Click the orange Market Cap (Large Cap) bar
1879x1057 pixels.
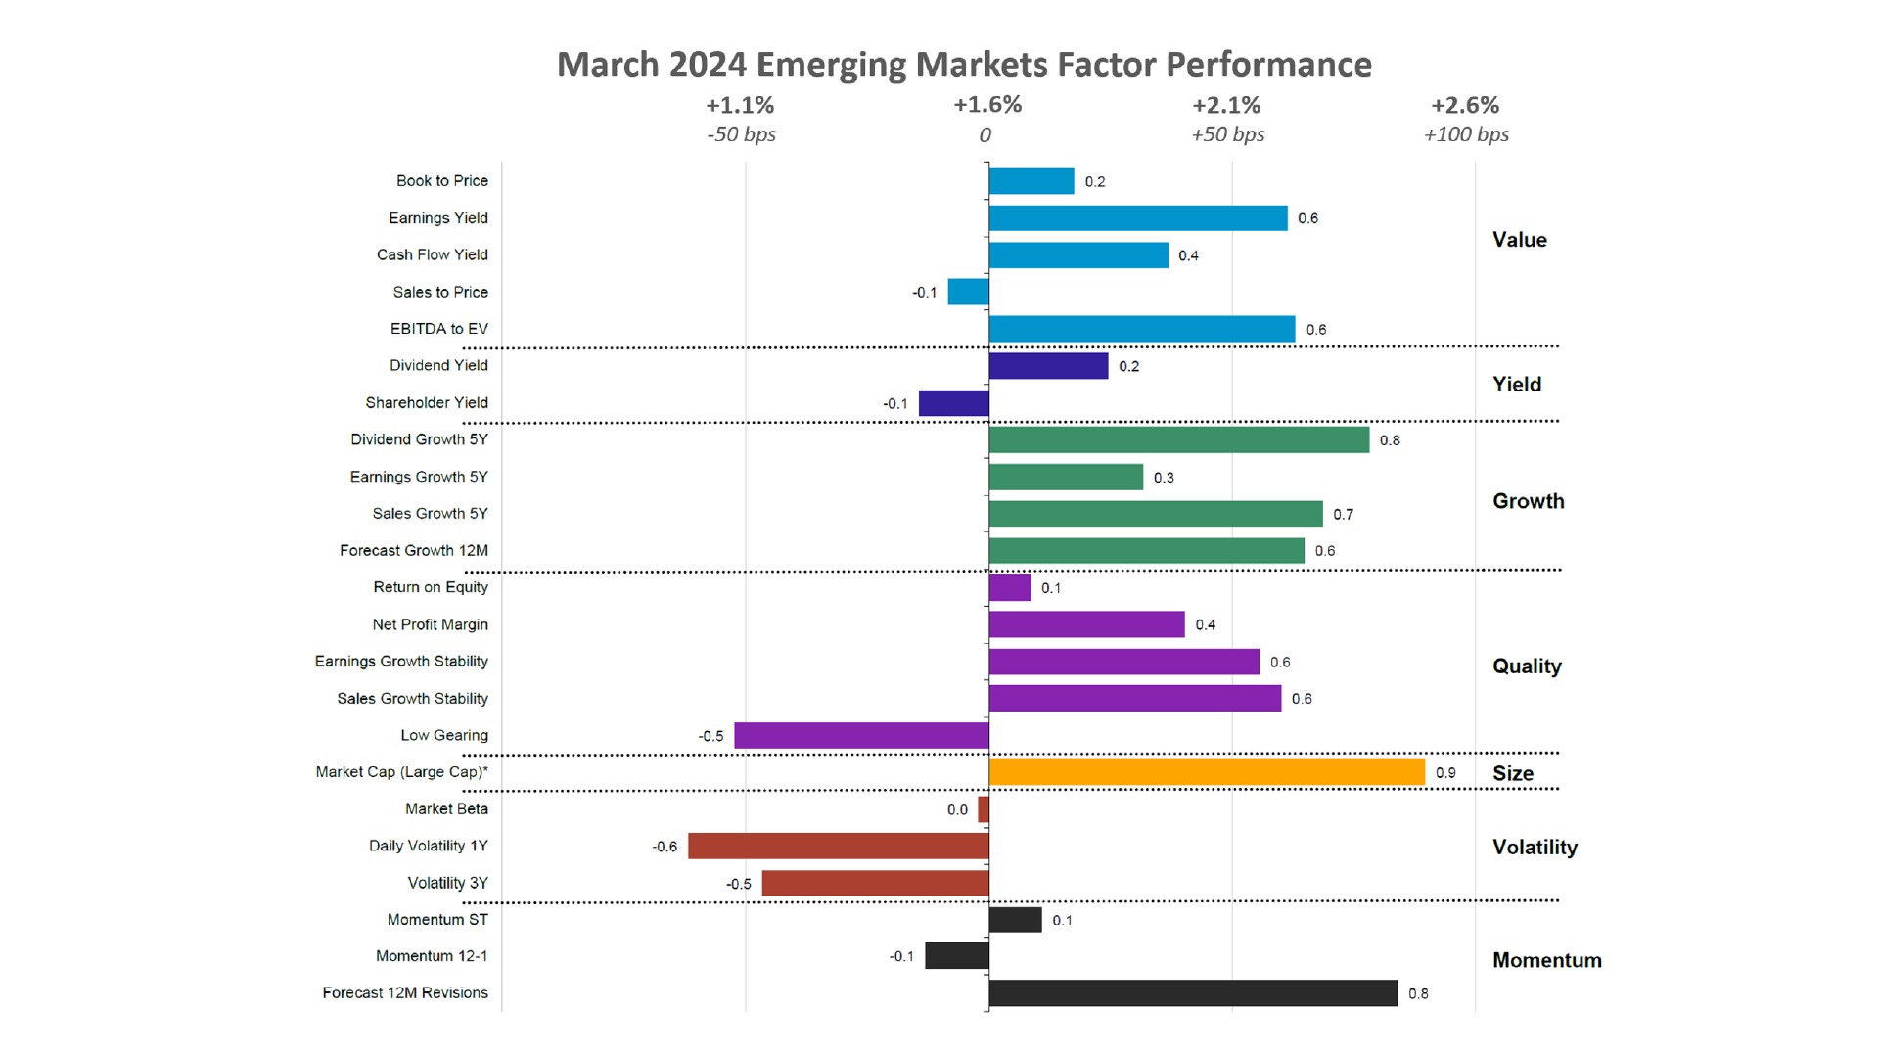[x=1206, y=772]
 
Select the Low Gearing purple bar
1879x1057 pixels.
[x=861, y=735]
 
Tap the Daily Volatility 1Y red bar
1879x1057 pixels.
[x=838, y=846]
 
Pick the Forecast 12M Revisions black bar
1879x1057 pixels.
[x=1192, y=992]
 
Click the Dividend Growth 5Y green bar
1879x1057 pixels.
[x=1178, y=439]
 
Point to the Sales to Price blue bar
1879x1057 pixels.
[x=968, y=292]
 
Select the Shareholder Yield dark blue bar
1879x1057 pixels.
[x=953, y=402]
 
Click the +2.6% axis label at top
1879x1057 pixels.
[x=1465, y=105]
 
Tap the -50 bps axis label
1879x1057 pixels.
[x=741, y=135]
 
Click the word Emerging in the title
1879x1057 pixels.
[x=831, y=65]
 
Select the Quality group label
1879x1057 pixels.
[x=1526, y=666]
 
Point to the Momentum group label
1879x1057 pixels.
[x=1546, y=960]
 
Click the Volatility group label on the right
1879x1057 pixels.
[x=1534, y=847]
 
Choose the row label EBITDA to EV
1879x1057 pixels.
[x=438, y=329]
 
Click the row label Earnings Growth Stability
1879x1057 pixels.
[x=401, y=662]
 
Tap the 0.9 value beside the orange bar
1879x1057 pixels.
[x=1445, y=773]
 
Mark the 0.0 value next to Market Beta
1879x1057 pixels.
[x=957, y=809]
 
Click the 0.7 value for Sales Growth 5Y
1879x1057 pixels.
[x=1343, y=514]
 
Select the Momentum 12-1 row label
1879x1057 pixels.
[x=432, y=956]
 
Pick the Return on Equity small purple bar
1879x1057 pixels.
[x=1009, y=587]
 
